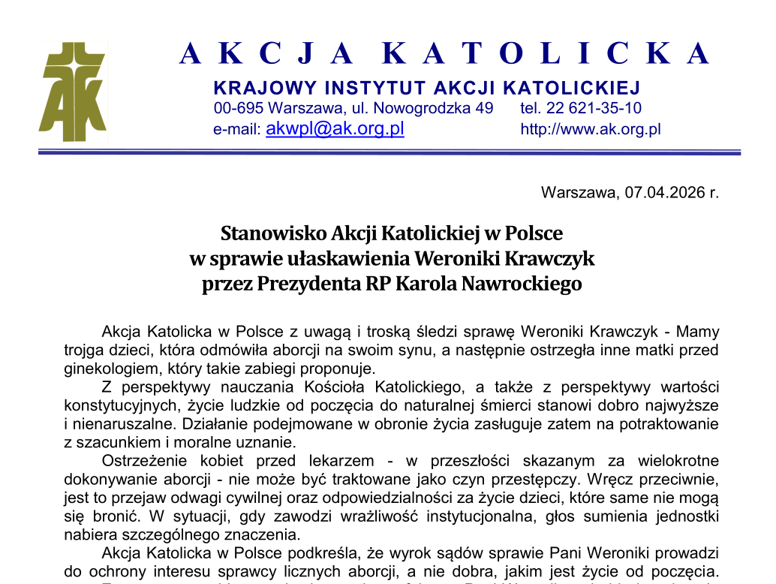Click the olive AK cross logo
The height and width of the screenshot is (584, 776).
click(x=72, y=92)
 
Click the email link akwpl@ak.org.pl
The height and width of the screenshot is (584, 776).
click(x=335, y=128)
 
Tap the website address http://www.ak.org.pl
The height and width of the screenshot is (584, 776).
click(x=590, y=129)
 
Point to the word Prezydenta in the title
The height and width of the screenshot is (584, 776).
click(x=309, y=284)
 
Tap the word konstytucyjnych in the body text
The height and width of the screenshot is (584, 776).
click(x=119, y=405)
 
